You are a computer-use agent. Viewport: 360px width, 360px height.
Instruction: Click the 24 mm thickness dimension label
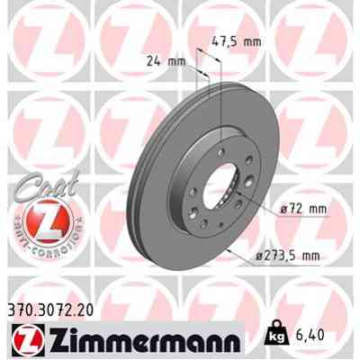[x=164, y=62]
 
